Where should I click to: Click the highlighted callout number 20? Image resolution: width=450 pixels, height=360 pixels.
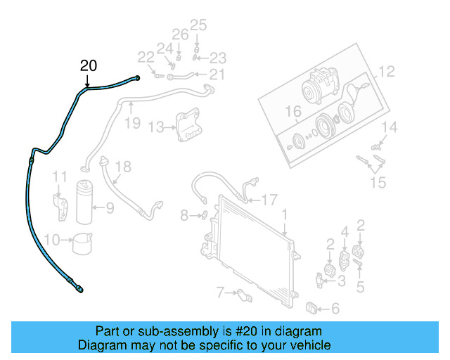[89, 67]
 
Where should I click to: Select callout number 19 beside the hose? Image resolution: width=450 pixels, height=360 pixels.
[133, 124]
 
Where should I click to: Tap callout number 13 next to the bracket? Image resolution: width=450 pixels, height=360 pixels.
[155, 127]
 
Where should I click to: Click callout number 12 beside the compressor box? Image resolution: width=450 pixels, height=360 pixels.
[387, 71]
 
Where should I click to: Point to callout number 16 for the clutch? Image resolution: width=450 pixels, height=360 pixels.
[292, 112]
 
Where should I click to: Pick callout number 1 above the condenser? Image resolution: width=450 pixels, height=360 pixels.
[285, 213]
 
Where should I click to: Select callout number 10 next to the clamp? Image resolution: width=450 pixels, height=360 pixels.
[51, 240]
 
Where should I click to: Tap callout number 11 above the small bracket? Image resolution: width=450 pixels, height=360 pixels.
[61, 176]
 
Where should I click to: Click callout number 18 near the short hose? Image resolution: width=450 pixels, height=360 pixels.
[123, 167]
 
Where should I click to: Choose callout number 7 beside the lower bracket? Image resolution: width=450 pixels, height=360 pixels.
[220, 291]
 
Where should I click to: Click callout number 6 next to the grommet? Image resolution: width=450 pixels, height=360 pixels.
[335, 308]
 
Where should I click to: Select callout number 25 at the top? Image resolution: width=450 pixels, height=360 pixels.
[198, 25]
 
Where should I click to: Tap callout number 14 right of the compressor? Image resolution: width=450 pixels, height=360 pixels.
[390, 127]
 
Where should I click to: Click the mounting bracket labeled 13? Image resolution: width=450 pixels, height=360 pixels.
[187, 126]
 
